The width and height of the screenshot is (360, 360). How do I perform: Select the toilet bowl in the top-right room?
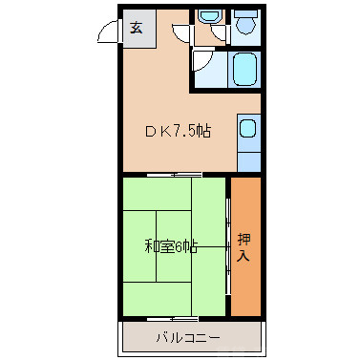point(247,25)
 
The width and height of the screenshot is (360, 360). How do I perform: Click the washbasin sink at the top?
point(207,20)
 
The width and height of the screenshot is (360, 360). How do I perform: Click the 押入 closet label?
point(245,248)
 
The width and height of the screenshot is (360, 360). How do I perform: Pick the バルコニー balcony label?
point(188,338)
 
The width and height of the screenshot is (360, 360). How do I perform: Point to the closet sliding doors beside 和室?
point(228,245)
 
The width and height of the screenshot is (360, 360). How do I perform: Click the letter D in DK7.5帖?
point(151,131)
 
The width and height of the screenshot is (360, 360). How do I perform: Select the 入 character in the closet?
point(245,256)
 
